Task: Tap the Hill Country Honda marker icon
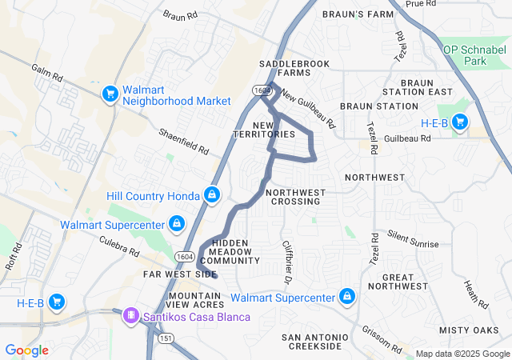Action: tap(212, 194)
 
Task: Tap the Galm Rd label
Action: tap(46, 73)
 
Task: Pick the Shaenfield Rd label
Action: tap(182, 142)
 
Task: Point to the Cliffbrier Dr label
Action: tap(286, 262)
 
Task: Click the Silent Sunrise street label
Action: tap(413, 238)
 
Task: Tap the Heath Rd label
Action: tap(476, 294)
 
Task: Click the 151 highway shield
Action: tap(166, 339)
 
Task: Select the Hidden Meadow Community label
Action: tap(230, 251)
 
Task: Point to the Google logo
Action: tap(27, 350)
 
